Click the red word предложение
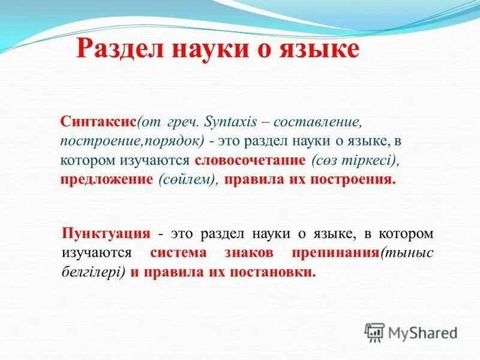107,180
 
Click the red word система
178,253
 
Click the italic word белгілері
92,272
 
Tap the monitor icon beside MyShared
374,332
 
